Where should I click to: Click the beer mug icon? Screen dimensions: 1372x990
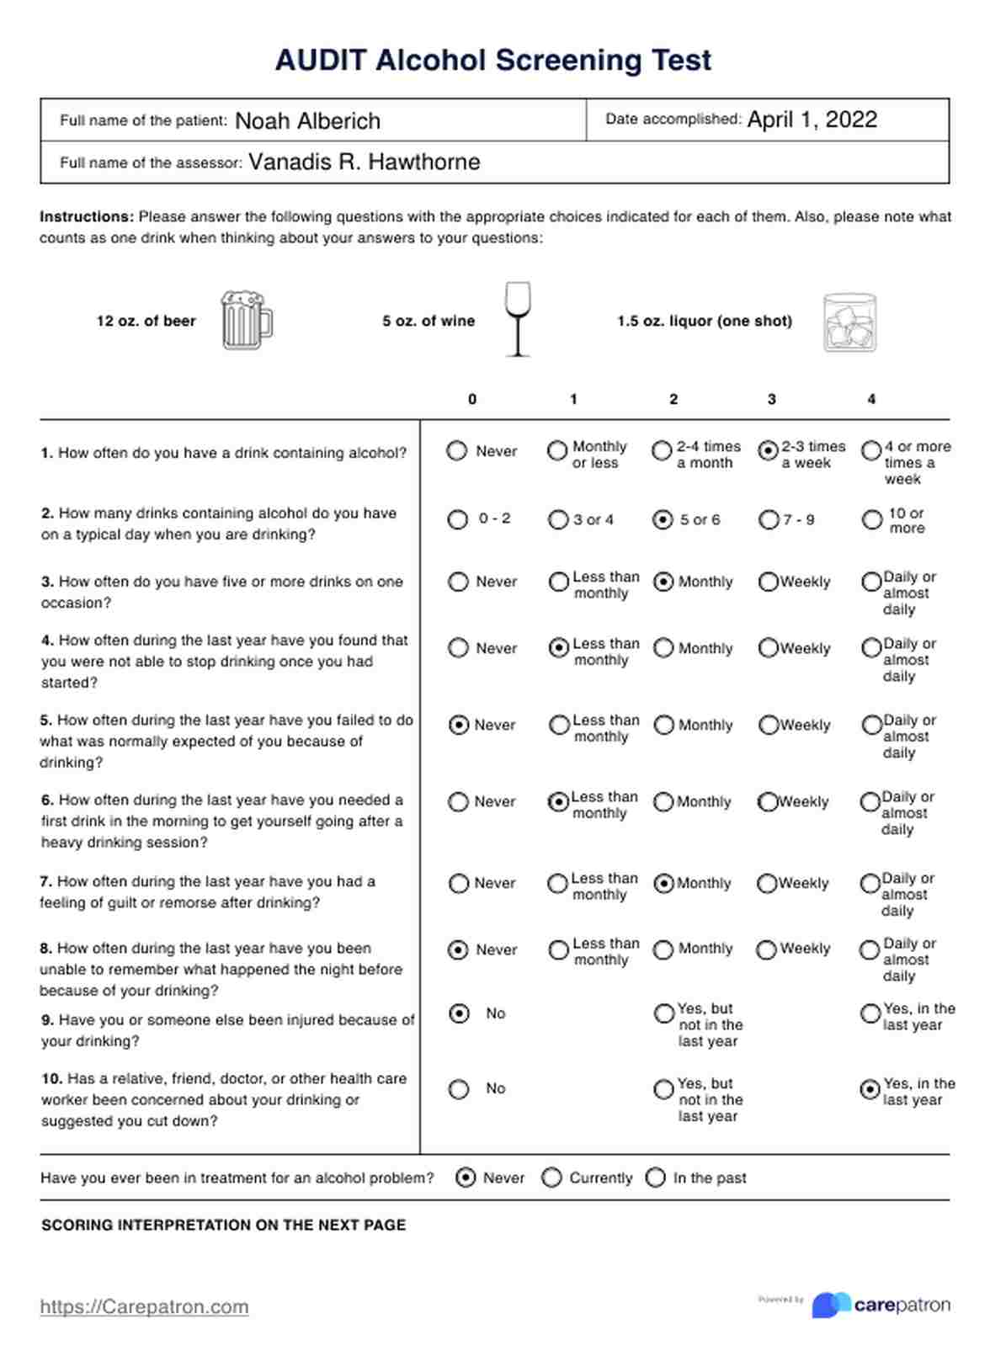(x=246, y=321)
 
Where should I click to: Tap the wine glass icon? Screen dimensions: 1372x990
(x=517, y=319)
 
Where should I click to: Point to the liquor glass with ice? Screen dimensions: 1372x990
(x=849, y=322)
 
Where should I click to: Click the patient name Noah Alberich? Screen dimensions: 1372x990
(x=307, y=121)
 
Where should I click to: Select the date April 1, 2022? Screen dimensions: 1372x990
(x=812, y=120)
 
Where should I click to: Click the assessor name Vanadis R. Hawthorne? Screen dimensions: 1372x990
(x=364, y=162)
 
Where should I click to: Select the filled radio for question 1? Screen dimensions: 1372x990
(x=768, y=451)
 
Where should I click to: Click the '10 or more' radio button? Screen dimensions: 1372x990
(x=872, y=520)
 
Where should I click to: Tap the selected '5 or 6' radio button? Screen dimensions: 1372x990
(x=663, y=520)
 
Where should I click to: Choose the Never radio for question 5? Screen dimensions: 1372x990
(x=459, y=725)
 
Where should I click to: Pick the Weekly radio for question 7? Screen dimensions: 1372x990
(x=767, y=884)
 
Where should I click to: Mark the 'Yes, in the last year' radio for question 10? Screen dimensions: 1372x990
(x=870, y=1090)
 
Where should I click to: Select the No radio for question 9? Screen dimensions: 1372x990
(x=459, y=1013)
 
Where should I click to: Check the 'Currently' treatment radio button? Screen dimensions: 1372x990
(x=551, y=1178)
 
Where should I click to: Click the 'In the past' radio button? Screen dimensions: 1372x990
(x=656, y=1178)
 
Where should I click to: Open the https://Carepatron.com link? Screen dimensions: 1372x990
(x=144, y=1306)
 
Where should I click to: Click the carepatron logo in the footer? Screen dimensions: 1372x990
(x=881, y=1305)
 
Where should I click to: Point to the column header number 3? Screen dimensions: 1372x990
(x=771, y=399)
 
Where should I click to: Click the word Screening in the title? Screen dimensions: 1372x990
(x=559, y=61)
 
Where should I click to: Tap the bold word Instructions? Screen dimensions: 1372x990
(x=87, y=216)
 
